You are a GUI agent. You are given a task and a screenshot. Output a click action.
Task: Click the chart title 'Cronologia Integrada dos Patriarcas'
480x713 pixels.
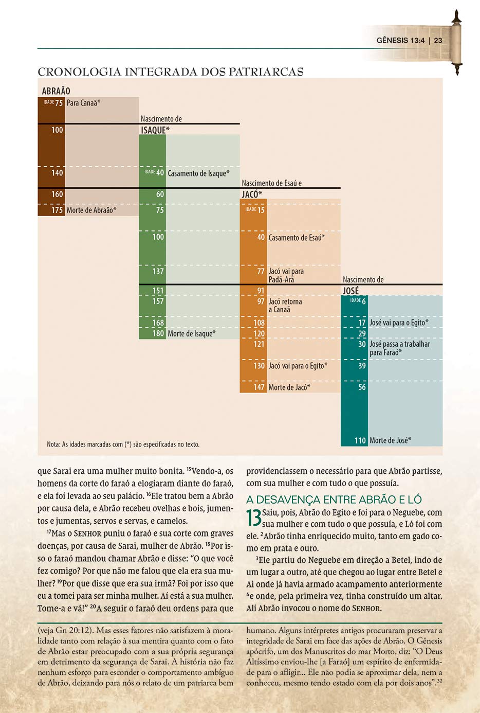pyautogui.click(x=171, y=72)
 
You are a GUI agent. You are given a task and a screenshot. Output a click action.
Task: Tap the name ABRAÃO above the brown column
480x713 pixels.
pyautogui.click(x=56, y=91)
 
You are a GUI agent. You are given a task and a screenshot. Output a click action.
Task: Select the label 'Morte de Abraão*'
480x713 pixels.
pyautogui.click(x=91, y=210)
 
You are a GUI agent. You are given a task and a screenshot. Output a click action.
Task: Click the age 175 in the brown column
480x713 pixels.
pyautogui.click(x=57, y=210)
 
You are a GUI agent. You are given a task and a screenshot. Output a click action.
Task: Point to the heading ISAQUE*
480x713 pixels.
pyautogui.click(x=155, y=130)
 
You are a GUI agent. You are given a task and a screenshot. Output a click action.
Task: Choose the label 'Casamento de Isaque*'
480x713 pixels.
pyautogui.click(x=198, y=173)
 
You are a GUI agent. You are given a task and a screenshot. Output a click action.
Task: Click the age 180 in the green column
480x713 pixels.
pyautogui.click(x=158, y=333)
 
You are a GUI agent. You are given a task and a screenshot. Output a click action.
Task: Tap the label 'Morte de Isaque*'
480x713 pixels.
pyautogui.click(x=192, y=333)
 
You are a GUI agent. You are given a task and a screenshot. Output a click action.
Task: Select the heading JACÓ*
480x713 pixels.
pyautogui.click(x=252, y=194)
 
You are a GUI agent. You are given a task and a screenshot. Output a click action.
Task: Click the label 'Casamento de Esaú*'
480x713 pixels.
pyautogui.click(x=297, y=238)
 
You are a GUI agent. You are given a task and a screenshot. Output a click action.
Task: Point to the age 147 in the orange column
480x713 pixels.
pyautogui.click(x=259, y=387)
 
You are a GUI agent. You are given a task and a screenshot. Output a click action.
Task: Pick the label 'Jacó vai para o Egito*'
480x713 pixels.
pyautogui.click(x=298, y=366)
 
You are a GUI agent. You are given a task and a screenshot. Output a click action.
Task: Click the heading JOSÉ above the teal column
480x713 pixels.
pyautogui.click(x=350, y=291)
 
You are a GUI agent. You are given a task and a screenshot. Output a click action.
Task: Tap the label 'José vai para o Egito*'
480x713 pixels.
pyautogui.click(x=399, y=323)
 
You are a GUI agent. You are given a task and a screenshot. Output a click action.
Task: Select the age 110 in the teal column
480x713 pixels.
pyautogui.click(x=360, y=440)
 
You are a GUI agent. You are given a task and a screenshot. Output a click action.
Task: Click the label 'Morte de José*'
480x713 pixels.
pyautogui.click(x=390, y=440)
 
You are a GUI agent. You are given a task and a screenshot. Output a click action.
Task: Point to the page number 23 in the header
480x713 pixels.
pyautogui.click(x=438, y=40)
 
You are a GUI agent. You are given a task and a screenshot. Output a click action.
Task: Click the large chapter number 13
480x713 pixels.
pyautogui.click(x=254, y=518)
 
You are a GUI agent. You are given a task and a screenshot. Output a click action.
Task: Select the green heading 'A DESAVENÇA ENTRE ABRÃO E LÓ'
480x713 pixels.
pyautogui.click(x=334, y=500)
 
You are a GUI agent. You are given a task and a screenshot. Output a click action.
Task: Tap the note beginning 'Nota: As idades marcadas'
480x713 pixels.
pyautogui.click(x=123, y=444)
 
